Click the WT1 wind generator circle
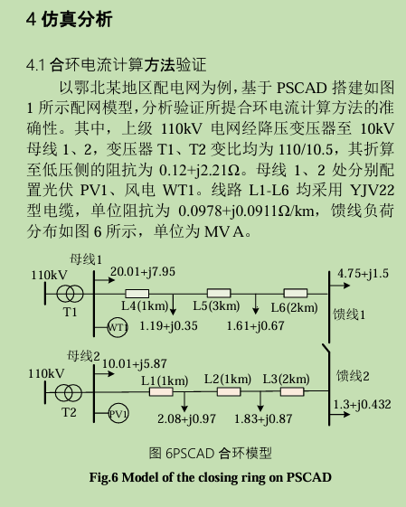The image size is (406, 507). click(118, 327)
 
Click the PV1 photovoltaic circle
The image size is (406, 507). click(118, 414)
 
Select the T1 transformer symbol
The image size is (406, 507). click(70, 294)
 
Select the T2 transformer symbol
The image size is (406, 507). click(68, 393)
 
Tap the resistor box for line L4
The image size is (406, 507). click(137, 294)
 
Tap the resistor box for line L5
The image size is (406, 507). click(219, 294)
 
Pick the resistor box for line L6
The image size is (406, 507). click(296, 294)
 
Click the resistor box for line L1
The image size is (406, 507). click(161, 392)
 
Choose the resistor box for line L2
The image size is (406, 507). click(229, 391)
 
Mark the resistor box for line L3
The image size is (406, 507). click(292, 391)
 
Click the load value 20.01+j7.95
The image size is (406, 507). click(143, 272)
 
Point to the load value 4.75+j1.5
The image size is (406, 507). click(363, 274)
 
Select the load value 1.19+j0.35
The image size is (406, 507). click(168, 326)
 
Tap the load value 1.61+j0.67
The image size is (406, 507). click(255, 326)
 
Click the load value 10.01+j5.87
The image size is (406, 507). click(134, 364)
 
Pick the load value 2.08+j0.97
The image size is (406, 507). click(186, 419)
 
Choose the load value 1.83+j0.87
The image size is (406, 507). click(263, 419)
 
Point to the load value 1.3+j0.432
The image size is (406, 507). click(362, 405)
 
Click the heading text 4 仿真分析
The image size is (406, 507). click(70, 19)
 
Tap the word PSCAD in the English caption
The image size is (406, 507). click(309, 477)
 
